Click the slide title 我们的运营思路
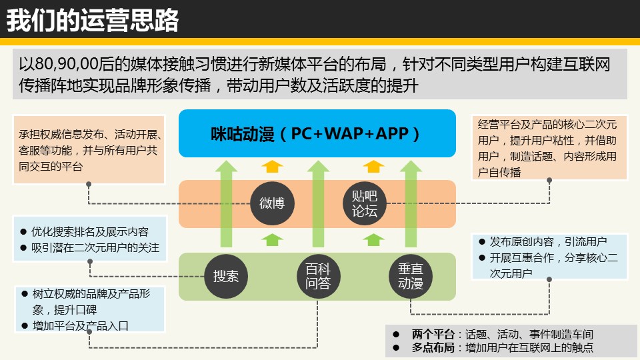(93, 21)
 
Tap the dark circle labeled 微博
(272, 203)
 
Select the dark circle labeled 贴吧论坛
(365, 203)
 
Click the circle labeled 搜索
(226, 276)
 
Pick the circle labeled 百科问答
(318, 276)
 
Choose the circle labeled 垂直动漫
(411, 276)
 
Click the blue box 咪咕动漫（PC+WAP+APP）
(317, 133)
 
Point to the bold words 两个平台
(433, 335)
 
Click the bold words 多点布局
(433, 348)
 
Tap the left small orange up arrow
(272, 166)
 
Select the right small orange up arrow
(373, 166)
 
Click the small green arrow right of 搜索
(272, 239)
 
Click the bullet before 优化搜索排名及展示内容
(23, 232)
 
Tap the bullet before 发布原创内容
(482, 241)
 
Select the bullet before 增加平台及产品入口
(24, 326)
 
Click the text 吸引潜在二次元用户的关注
(95, 248)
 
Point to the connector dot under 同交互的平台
(89, 184)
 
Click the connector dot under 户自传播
(549, 180)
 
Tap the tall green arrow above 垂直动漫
(411, 204)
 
